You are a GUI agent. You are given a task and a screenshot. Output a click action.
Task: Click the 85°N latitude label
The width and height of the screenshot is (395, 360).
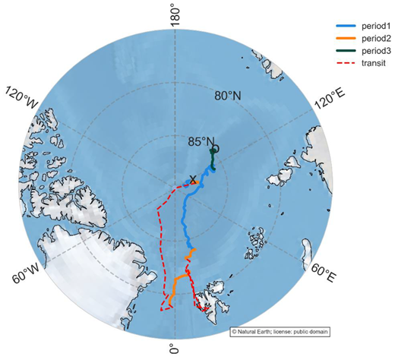pos(201,141)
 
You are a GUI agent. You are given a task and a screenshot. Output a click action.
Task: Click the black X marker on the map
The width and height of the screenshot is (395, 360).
pos(193,180)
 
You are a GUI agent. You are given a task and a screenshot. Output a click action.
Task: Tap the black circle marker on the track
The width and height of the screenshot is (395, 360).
pos(215,149)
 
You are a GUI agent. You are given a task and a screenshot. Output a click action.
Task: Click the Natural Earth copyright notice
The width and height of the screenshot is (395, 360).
pos(280,331)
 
